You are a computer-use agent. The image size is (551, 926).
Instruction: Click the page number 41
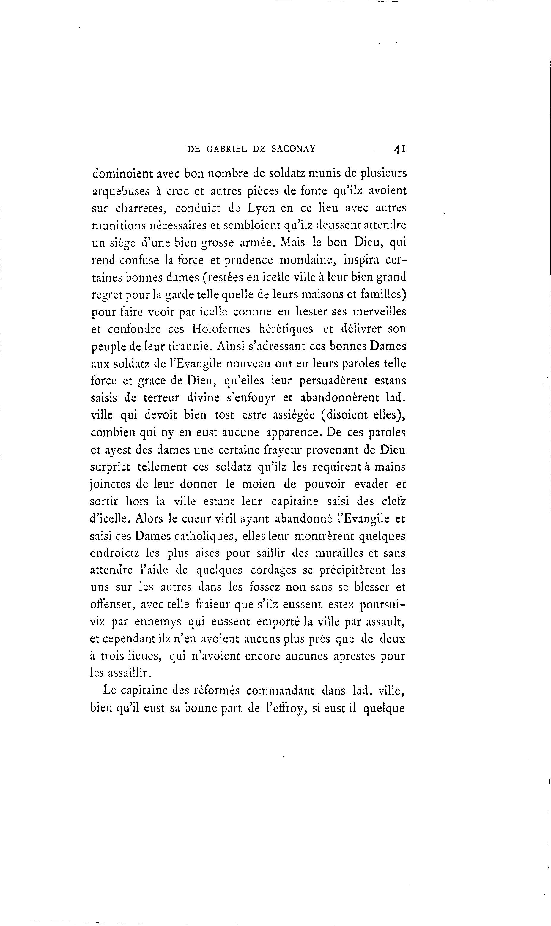pyautogui.click(x=399, y=149)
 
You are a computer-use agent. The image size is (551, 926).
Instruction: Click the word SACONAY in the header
pyautogui.click(x=293, y=149)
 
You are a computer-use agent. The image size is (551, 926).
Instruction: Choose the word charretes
pyautogui.click(x=140, y=209)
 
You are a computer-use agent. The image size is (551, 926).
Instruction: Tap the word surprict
pyautogui.click(x=110, y=467)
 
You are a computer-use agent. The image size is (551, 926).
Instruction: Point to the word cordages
pyautogui.click(x=273, y=570)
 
